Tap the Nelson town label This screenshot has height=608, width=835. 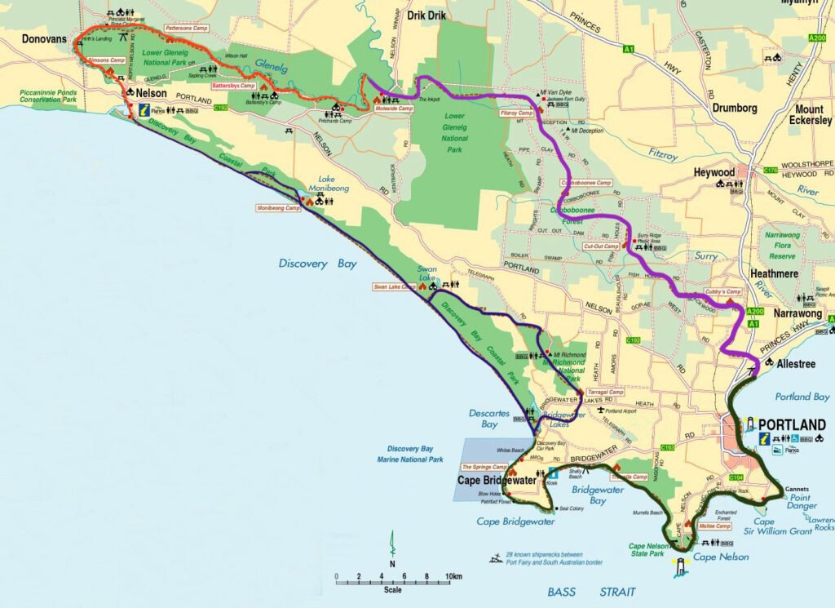click(152, 94)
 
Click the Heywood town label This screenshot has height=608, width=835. click(714, 173)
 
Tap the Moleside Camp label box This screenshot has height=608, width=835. click(394, 109)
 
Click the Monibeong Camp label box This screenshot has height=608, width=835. click(278, 208)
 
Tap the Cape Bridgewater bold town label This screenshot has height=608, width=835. click(497, 481)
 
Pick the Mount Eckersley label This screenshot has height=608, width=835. click(809, 115)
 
